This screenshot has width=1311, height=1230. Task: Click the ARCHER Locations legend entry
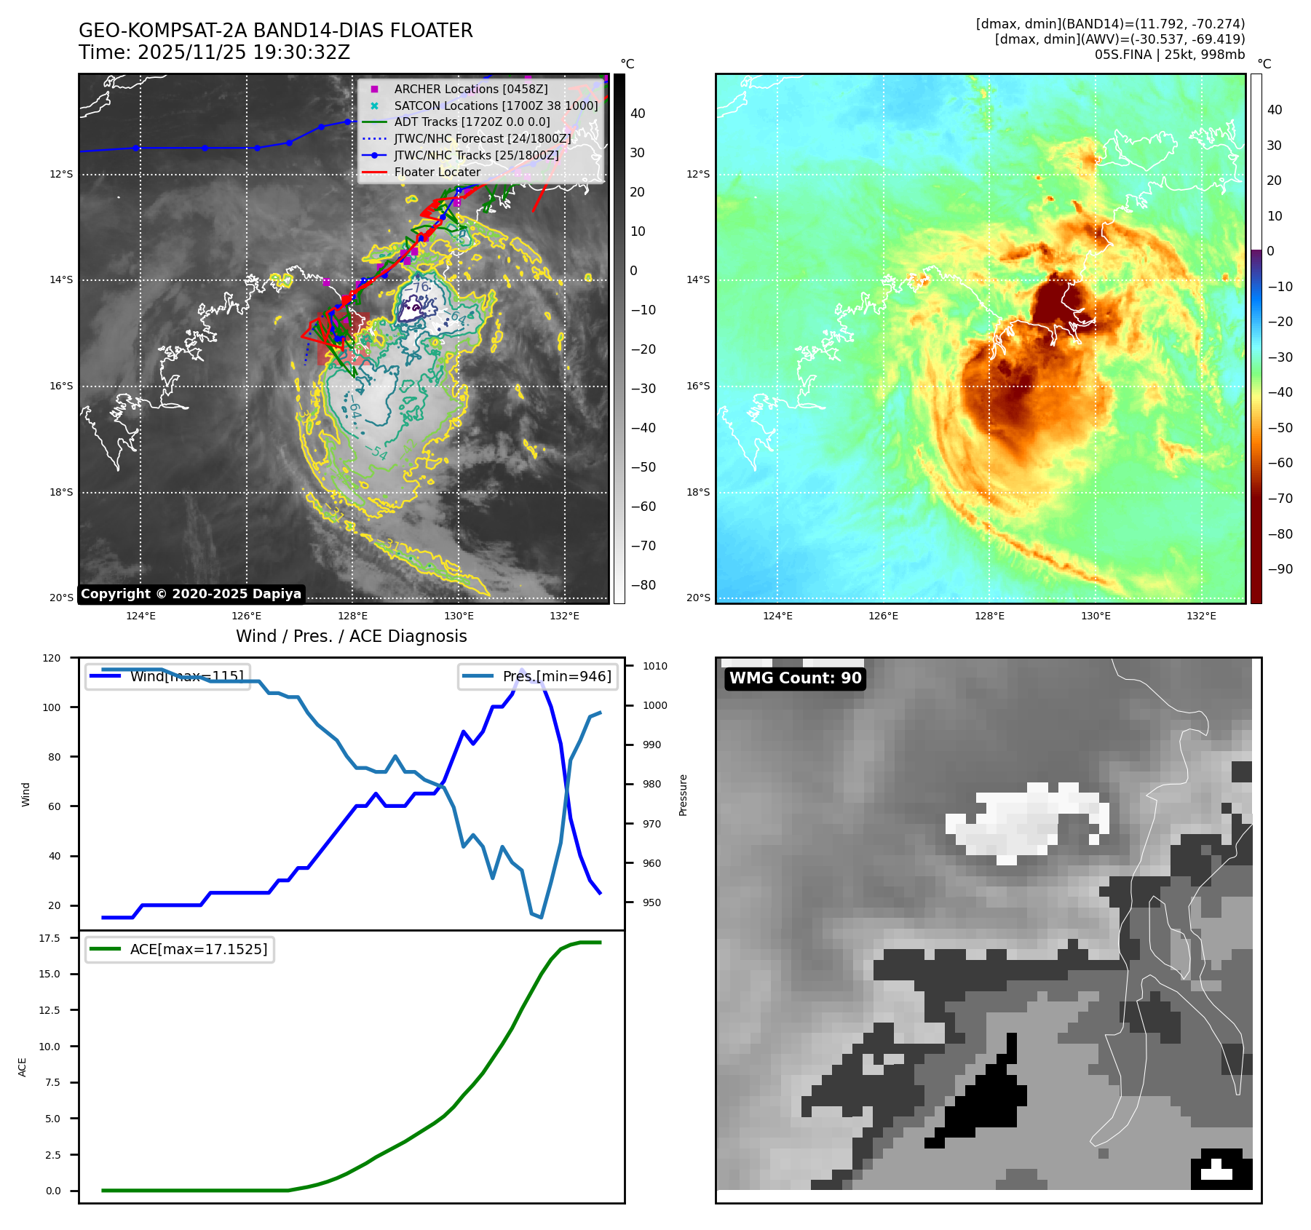pos(470,89)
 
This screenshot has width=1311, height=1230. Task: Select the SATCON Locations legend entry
pos(495,106)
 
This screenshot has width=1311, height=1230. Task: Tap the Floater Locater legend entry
pos(437,172)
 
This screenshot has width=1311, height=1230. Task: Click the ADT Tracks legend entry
pos(472,122)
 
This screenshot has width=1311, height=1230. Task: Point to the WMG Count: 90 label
pos(795,678)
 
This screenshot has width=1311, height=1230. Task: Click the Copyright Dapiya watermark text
pos(191,594)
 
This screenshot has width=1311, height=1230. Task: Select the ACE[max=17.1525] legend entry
pos(198,949)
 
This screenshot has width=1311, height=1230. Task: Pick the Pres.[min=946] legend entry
pos(556,676)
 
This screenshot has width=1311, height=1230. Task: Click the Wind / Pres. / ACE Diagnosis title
pos(351,636)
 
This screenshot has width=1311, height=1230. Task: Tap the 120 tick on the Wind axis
pos(52,658)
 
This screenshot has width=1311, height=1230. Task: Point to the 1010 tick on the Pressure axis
pos(654,666)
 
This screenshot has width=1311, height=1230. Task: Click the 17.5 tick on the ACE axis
pos(49,938)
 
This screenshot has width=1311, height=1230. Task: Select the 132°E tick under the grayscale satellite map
pos(564,616)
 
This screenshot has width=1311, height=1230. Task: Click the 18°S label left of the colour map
pos(698,493)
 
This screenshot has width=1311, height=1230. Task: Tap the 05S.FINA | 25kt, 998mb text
pos(1169,55)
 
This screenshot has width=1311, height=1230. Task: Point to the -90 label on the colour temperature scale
pos(1280,569)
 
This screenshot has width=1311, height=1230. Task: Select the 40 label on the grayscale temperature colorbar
pos(638,114)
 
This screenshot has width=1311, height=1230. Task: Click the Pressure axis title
pos(683,795)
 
